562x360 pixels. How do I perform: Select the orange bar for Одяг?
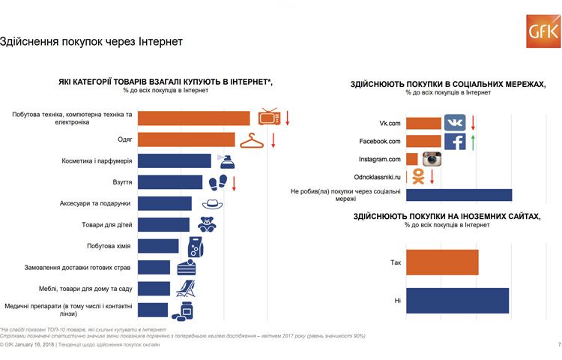187,139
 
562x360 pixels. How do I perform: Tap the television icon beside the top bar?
269,118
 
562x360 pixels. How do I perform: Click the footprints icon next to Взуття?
217,182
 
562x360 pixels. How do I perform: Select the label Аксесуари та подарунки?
95,203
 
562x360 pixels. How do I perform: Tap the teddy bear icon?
207,224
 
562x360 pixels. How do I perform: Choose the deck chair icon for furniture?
185,288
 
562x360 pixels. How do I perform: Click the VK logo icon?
455,123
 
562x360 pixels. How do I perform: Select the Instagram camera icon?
431,159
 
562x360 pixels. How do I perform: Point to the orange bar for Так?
441,263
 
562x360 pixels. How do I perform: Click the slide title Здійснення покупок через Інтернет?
91,41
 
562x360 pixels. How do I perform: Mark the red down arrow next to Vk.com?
473,122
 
